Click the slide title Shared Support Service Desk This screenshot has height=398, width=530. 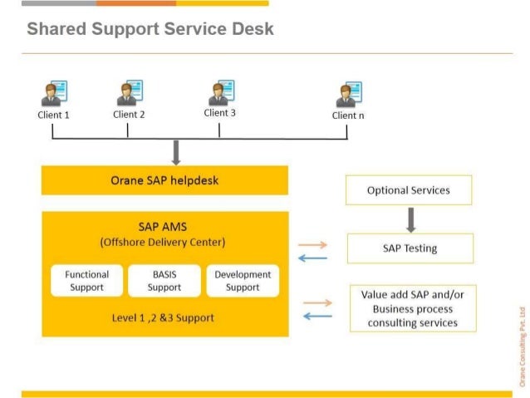tap(150, 30)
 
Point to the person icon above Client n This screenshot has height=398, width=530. tap(347, 95)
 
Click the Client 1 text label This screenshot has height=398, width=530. tap(53, 115)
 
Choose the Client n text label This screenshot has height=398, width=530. tap(348, 115)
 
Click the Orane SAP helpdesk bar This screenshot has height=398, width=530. tap(164, 180)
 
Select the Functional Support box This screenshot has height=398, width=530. tap(87, 281)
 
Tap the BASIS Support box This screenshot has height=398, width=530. tap(164, 281)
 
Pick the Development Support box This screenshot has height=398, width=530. tap(243, 281)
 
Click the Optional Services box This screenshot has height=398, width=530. tap(409, 190)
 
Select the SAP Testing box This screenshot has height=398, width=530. tap(410, 248)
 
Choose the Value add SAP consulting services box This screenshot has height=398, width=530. tap(413, 308)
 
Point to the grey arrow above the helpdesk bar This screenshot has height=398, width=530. tap(175, 152)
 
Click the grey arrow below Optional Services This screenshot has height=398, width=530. tap(410, 219)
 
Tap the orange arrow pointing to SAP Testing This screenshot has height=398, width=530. tap(312, 245)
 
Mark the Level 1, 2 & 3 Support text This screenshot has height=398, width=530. tap(164, 317)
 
